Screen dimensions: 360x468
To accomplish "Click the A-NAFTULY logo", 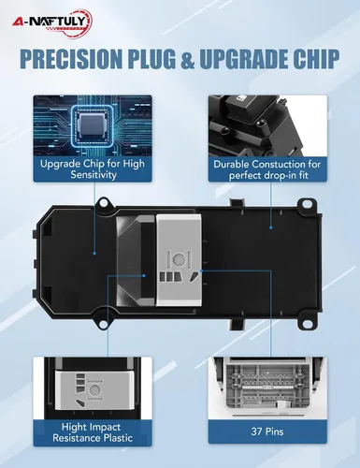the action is click(52, 22).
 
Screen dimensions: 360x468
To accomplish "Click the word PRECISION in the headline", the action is click(71, 58).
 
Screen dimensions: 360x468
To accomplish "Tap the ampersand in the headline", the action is click(187, 58).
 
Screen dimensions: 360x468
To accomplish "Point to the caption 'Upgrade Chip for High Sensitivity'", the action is click(93, 168).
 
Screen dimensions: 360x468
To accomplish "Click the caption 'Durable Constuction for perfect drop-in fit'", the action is click(267, 169).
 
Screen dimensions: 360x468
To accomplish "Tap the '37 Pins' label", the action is click(267, 431).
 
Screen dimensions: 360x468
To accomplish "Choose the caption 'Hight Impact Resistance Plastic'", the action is click(93, 432).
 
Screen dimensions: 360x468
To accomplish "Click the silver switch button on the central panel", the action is click(178, 259).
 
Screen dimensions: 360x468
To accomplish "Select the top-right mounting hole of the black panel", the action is click(308, 203).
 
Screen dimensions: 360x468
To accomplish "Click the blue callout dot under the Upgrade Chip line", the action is click(94, 253).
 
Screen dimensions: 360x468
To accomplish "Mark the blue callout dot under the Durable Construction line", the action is click(271, 227).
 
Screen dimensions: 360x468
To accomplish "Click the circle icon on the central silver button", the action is click(178, 258).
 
